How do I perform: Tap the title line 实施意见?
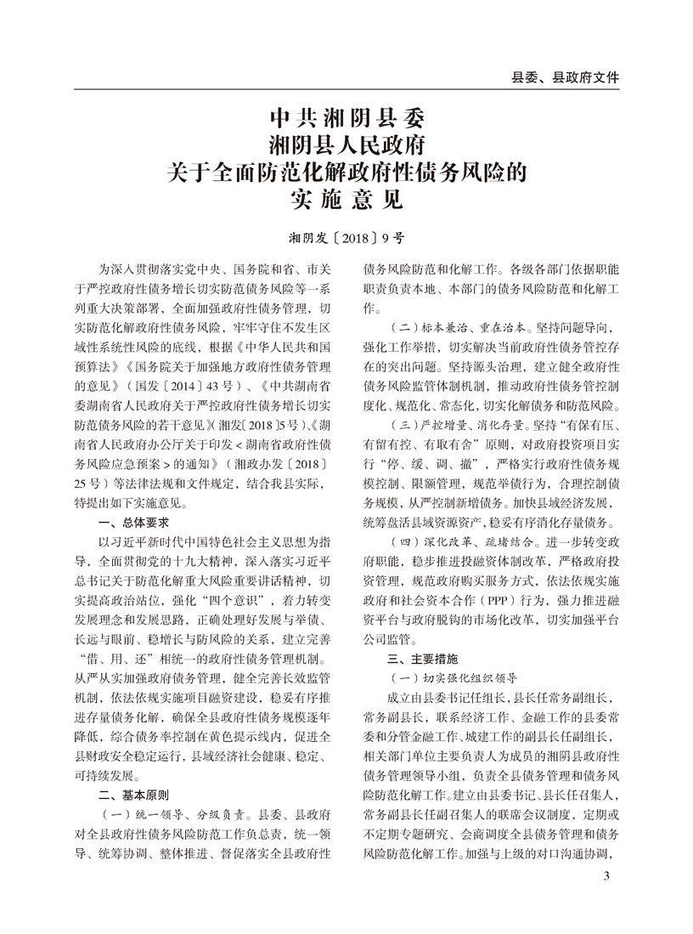pos(346,200)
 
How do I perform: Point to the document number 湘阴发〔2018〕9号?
pos(346,237)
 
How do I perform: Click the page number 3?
pos(606,876)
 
